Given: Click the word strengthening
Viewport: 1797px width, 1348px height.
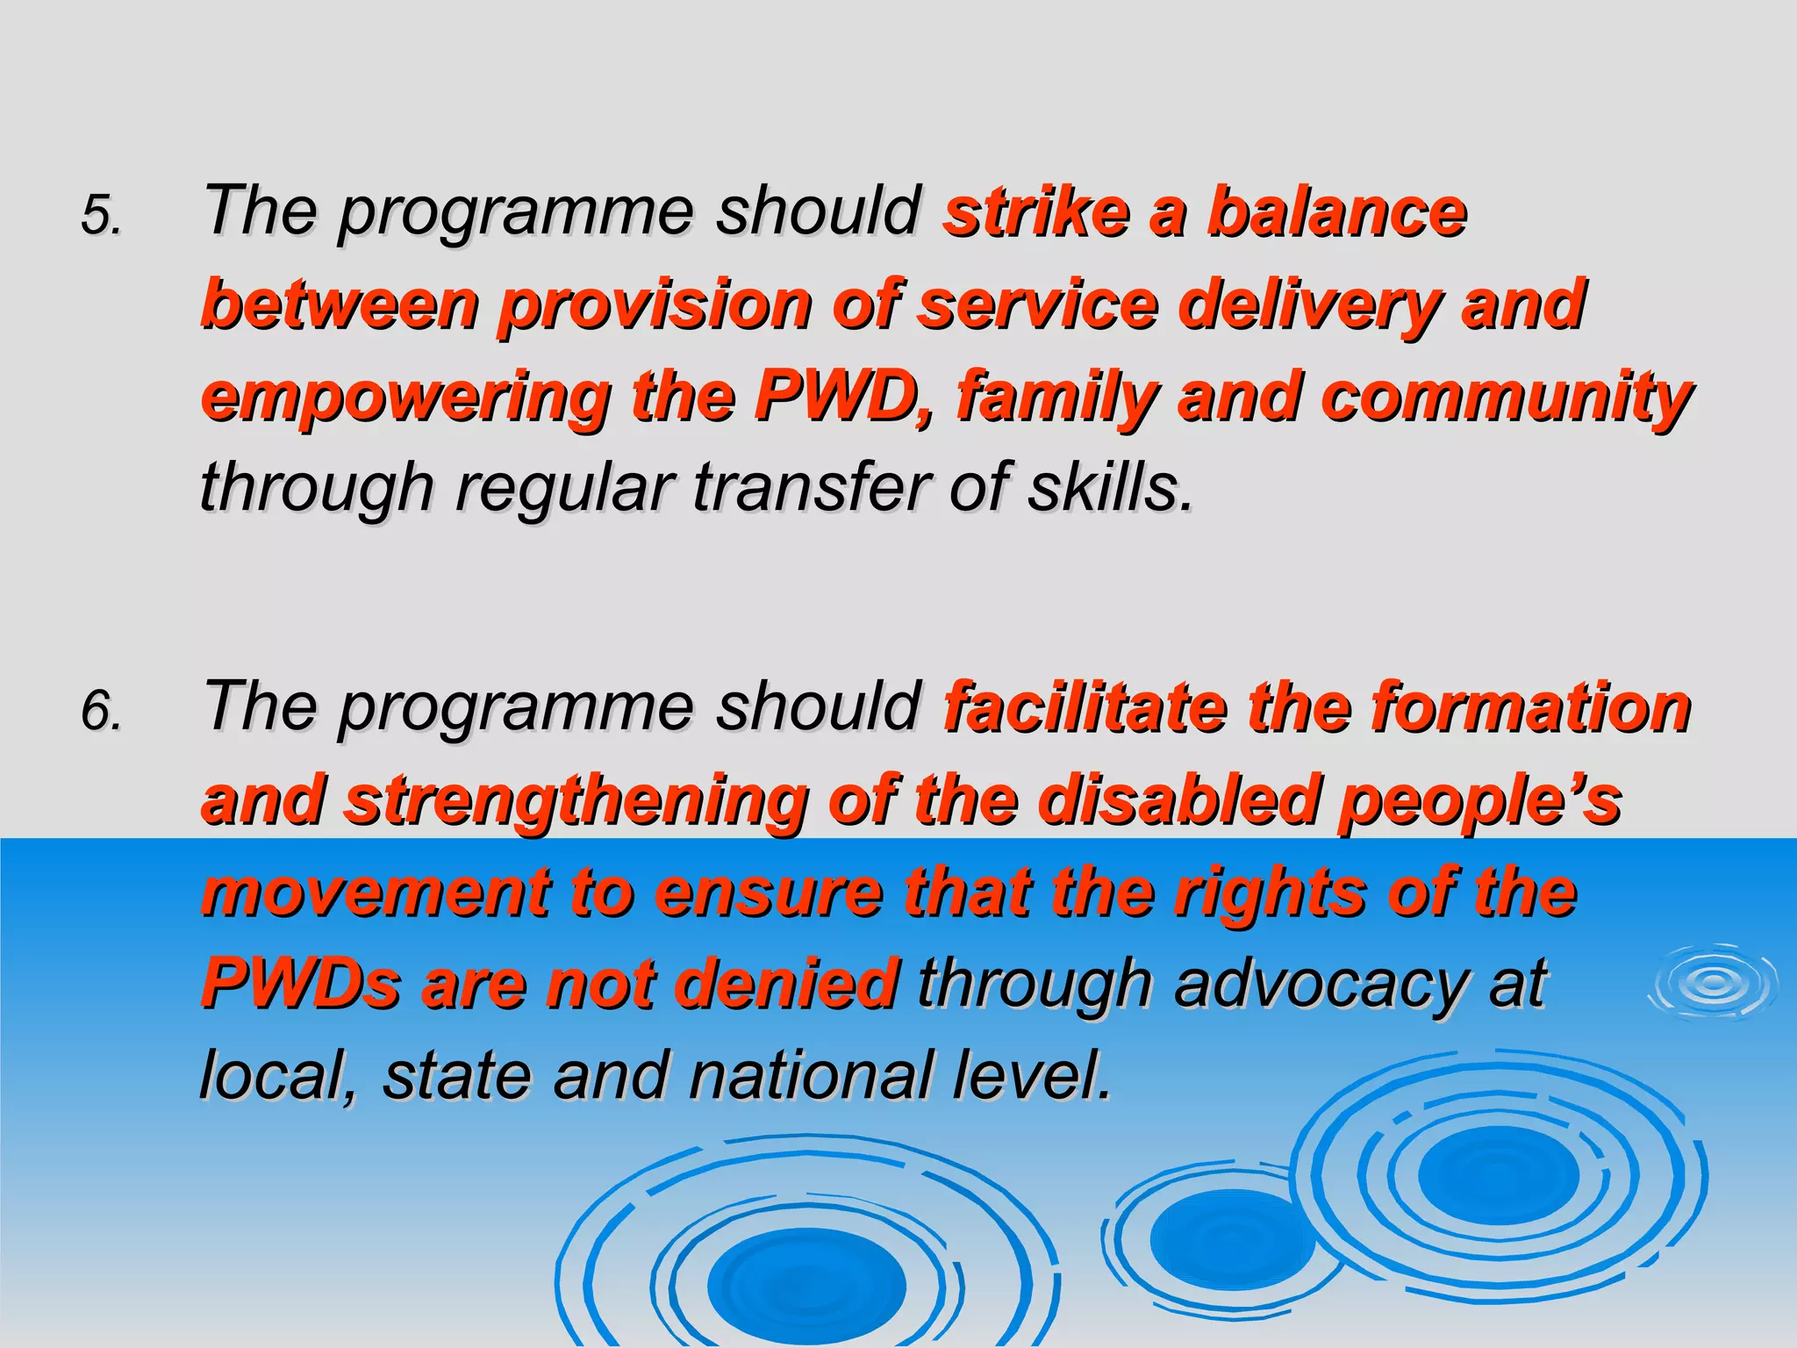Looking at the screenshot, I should point(576,801).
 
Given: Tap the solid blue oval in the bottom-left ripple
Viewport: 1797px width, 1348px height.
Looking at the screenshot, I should point(806,1283).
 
